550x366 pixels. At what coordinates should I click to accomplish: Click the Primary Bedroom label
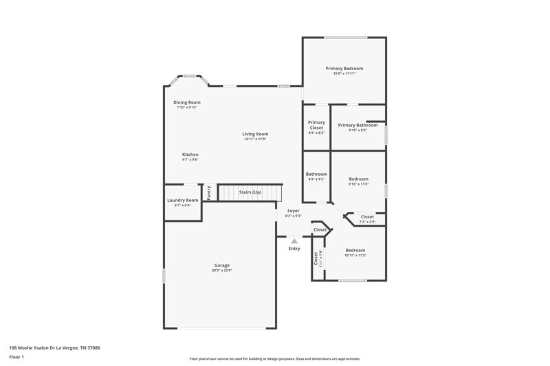tap(344, 69)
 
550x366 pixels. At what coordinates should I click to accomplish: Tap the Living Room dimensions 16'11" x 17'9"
tap(254, 139)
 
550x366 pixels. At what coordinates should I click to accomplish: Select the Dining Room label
tap(186, 102)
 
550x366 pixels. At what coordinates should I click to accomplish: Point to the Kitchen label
tap(190, 155)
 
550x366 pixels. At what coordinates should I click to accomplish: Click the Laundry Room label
tap(182, 200)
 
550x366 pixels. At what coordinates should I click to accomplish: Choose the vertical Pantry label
tap(209, 193)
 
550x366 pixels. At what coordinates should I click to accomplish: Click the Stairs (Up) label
tap(250, 192)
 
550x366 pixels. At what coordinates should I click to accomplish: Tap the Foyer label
tap(294, 211)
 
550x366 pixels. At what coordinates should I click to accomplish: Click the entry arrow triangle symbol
tap(294, 241)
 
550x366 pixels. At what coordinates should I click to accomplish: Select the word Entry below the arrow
tap(294, 249)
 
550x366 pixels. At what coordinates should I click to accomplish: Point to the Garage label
tap(221, 265)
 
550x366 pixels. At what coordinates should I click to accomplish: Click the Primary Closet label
tap(316, 125)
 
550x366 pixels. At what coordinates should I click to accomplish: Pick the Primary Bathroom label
tap(357, 125)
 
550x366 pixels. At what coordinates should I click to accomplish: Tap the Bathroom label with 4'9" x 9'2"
tap(316, 174)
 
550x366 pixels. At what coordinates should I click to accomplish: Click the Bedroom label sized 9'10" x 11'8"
tap(358, 179)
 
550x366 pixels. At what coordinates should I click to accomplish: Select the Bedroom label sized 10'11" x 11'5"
tap(355, 250)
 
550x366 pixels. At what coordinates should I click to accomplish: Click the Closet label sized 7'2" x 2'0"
tap(368, 217)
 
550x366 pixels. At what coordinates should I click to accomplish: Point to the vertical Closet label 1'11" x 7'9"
tap(316, 259)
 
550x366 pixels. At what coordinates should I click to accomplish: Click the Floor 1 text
tap(16, 357)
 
